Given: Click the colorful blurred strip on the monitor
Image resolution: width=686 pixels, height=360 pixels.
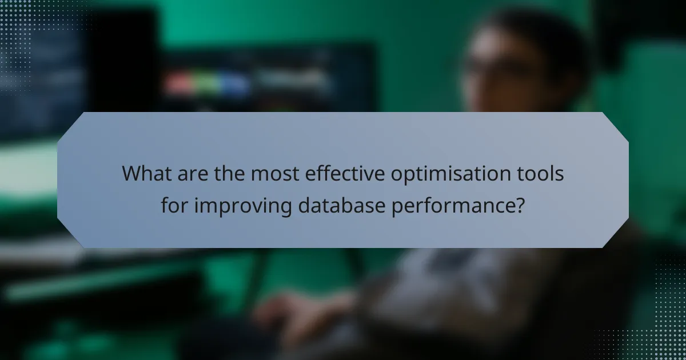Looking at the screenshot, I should [x=206, y=84].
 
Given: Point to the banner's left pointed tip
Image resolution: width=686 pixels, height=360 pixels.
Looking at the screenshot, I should [x=59, y=180].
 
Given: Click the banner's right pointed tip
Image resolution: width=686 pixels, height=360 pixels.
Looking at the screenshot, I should [x=627, y=180].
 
